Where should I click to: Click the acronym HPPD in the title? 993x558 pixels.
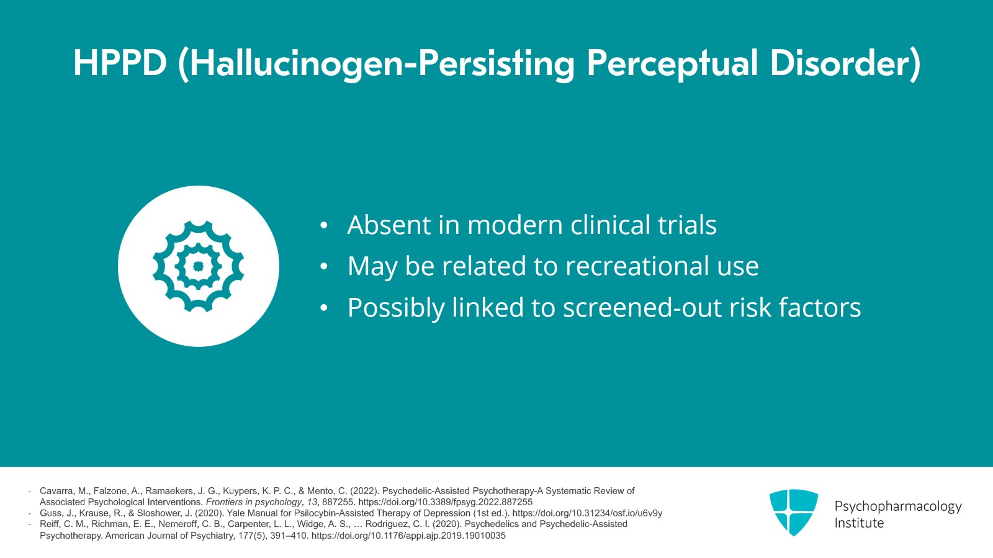(120, 63)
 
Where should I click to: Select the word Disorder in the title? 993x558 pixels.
(840, 63)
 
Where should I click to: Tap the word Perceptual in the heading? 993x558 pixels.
(672, 65)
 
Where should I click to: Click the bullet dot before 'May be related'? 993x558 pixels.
(323, 266)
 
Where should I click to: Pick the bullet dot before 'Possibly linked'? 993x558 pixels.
(323, 308)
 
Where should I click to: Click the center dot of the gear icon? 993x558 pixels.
(198, 266)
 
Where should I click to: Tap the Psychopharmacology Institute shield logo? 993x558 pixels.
(794, 512)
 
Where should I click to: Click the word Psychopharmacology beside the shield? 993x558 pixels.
(898, 506)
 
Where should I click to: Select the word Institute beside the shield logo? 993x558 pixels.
(859, 523)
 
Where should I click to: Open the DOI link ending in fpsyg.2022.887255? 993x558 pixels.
(445, 502)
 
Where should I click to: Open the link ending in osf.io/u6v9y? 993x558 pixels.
(587, 513)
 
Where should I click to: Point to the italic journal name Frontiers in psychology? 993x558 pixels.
(254, 502)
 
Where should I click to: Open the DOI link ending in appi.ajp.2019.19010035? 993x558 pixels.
(408, 536)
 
